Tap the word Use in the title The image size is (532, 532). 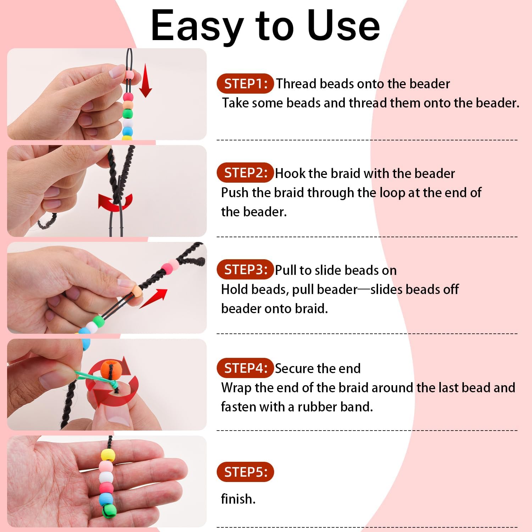pyautogui.click(x=343, y=26)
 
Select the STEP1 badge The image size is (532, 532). pyautogui.click(x=245, y=84)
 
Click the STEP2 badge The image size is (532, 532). pyautogui.click(x=245, y=173)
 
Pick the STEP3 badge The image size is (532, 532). pyautogui.click(x=245, y=270)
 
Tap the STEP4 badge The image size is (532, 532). pyautogui.click(x=245, y=368)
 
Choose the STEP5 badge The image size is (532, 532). pyautogui.click(x=245, y=472)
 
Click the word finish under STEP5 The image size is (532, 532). pyautogui.click(x=238, y=499)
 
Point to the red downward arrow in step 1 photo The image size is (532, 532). pyautogui.click(x=145, y=81)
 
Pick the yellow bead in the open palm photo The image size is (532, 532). pyautogui.click(x=108, y=455)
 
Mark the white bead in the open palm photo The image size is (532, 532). pyautogui.click(x=106, y=477)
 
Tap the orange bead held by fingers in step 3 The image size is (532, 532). pyautogui.click(x=137, y=292)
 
